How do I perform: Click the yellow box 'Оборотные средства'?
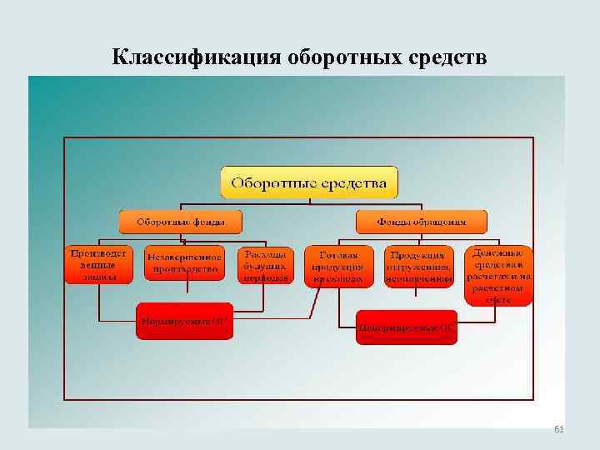[x=308, y=182]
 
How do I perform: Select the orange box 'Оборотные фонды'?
[x=180, y=222]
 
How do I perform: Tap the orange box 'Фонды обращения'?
[x=421, y=222]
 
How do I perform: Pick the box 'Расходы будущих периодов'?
[x=266, y=265]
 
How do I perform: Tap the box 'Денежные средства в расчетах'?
[x=498, y=275]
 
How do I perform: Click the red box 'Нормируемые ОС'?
[x=184, y=320]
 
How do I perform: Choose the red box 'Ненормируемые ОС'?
[x=407, y=327]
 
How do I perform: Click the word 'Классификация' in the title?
[x=197, y=57]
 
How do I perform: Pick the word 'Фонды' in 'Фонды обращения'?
[x=393, y=222]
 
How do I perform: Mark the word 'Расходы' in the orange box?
[x=266, y=253]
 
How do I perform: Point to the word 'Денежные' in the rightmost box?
[x=498, y=252]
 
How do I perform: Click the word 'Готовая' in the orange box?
[x=337, y=255]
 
